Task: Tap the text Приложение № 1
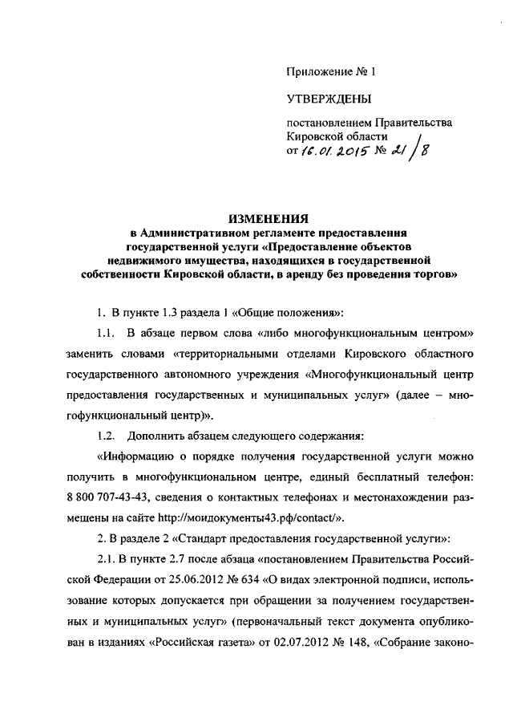coord(331,71)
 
